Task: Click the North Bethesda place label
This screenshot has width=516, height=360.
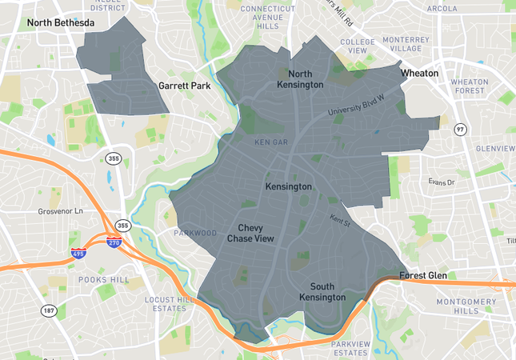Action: click(61, 23)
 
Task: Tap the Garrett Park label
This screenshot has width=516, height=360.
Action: click(184, 85)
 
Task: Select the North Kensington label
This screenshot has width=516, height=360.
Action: click(300, 79)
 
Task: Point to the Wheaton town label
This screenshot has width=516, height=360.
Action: click(419, 73)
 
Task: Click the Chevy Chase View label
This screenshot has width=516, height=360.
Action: click(250, 233)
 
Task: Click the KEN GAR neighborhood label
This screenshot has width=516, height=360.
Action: click(270, 142)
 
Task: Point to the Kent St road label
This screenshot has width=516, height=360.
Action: click(339, 217)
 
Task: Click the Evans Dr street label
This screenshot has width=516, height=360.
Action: click(440, 182)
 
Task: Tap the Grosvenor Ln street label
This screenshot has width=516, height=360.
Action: click(60, 212)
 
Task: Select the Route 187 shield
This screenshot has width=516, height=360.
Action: click(49, 310)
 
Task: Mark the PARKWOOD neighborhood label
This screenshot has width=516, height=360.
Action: click(195, 233)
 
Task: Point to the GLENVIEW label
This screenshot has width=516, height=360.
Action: click(495, 148)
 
